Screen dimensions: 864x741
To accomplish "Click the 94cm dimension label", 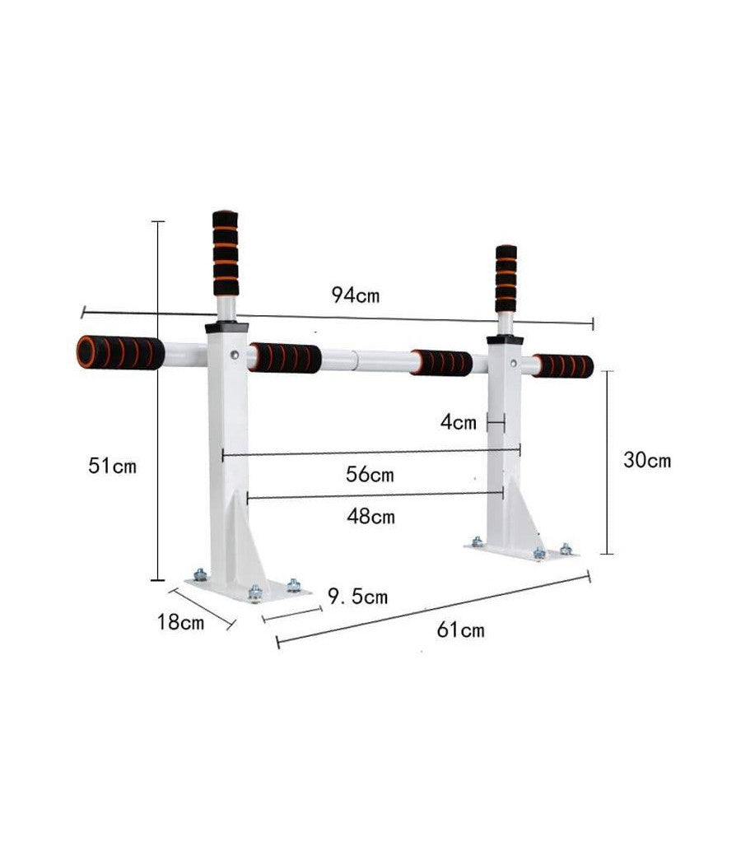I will point(356,295).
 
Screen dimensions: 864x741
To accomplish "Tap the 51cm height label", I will point(112,466).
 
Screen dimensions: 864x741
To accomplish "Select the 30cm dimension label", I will point(646,460).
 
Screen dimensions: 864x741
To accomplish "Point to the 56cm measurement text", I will point(370,475).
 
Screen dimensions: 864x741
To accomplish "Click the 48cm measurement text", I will point(370,517).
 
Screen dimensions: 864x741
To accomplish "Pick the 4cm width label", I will point(459,423).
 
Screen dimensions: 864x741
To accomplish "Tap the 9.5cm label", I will point(357,596).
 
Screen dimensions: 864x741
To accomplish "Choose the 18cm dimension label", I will point(180,622).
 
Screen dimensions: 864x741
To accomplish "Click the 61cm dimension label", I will point(461,630).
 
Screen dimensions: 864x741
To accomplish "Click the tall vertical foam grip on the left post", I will point(226,253).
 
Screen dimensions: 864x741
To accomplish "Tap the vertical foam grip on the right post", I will point(506,278).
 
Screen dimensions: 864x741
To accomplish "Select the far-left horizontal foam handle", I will point(120,352).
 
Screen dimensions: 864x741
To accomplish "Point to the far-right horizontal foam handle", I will point(562,366).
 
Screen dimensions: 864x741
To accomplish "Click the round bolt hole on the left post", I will point(236,355).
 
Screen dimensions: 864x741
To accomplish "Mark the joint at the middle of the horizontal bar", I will point(355,359).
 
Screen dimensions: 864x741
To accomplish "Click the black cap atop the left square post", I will point(227,327).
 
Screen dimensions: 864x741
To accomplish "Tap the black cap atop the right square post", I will point(504,339).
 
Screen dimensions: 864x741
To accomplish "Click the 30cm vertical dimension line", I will point(607,461).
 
